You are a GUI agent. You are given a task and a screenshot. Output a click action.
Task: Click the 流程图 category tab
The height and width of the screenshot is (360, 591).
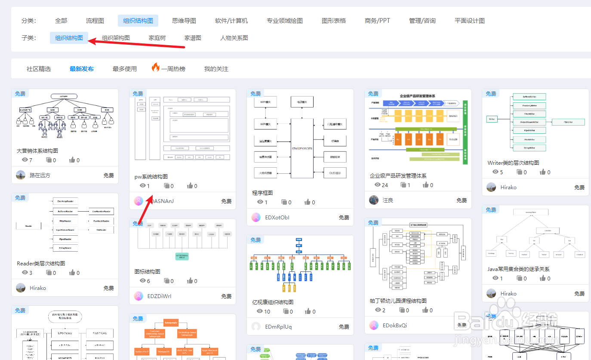pyautogui.click(x=95, y=21)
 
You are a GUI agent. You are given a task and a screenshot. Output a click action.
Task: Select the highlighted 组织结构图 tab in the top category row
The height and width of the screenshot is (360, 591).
pyautogui.click(x=138, y=21)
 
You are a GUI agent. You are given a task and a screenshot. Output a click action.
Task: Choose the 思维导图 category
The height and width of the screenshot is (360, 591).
pyautogui.click(x=184, y=21)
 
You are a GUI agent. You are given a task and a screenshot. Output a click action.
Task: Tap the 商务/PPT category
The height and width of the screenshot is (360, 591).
pyautogui.click(x=377, y=21)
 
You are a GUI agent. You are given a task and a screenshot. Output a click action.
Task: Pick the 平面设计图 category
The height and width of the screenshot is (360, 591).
pyautogui.click(x=470, y=21)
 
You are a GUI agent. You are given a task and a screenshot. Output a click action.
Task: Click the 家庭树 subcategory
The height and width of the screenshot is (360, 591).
pyautogui.click(x=157, y=38)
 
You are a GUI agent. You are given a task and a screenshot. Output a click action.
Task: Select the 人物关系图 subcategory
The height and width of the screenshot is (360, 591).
pyautogui.click(x=234, y=38)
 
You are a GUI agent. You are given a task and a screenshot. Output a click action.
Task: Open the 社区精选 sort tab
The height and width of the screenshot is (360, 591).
pyautogui.click(x=39, y=69)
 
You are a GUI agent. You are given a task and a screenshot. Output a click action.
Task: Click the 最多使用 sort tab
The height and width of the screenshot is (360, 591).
pyautogui.click(x=125, y=69)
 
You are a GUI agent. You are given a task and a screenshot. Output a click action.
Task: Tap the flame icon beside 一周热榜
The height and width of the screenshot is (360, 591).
pyautogui.click(x=156, y=68)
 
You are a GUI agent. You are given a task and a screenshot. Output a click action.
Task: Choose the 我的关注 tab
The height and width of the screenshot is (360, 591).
pyautogui.click(x=216, y=69)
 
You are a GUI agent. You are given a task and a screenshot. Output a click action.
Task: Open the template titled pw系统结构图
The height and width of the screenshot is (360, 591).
pyautogui.click(x=151, y=177)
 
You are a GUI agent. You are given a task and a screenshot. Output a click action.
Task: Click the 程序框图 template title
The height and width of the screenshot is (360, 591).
pyautogui.click(x=262, y=193)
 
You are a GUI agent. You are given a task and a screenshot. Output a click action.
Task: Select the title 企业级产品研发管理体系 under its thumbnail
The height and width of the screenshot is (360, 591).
pyautogui.click(x=398, y=176)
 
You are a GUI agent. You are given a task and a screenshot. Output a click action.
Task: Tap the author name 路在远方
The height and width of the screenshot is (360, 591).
pyautogui.click(x=40, y=175)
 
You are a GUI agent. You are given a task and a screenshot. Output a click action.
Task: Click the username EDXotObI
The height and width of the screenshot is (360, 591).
pyautogui.click(x=277, y=218)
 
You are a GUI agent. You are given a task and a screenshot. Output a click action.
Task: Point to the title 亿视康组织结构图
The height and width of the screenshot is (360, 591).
pyautogui.click(x=273, y=302)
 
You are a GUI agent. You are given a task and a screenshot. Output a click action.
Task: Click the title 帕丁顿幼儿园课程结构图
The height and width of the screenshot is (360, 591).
pyautogui.click(x=398, y=301)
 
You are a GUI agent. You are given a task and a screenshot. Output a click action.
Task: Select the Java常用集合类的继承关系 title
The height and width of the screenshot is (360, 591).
pyautogui.click(x=518, y=269)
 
